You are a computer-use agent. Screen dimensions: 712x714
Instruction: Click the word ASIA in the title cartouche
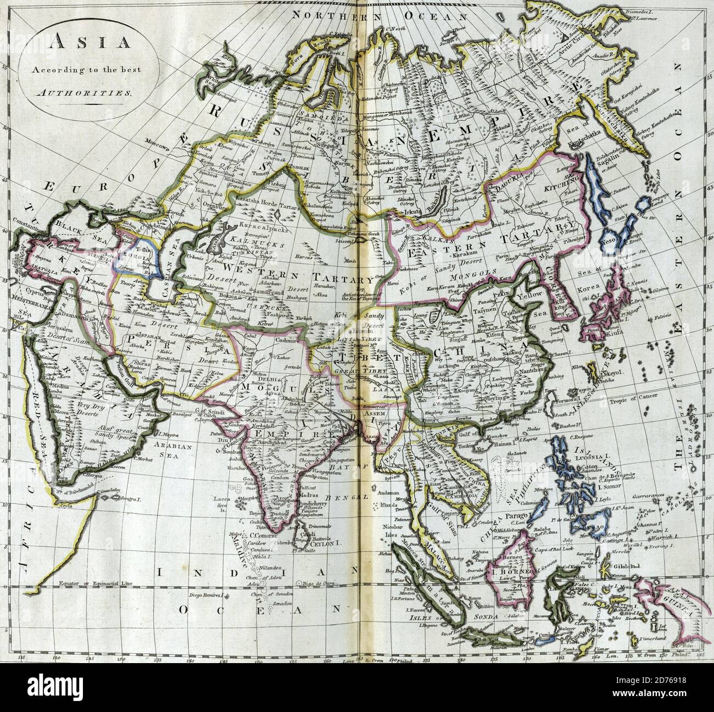click(74, 42)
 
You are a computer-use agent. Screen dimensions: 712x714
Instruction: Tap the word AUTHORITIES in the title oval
click(74, 93)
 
